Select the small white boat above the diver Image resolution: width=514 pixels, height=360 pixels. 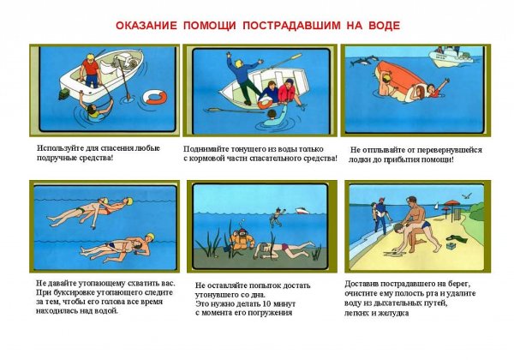click(306, 210)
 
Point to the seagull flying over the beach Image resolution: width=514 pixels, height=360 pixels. click(466, 195)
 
